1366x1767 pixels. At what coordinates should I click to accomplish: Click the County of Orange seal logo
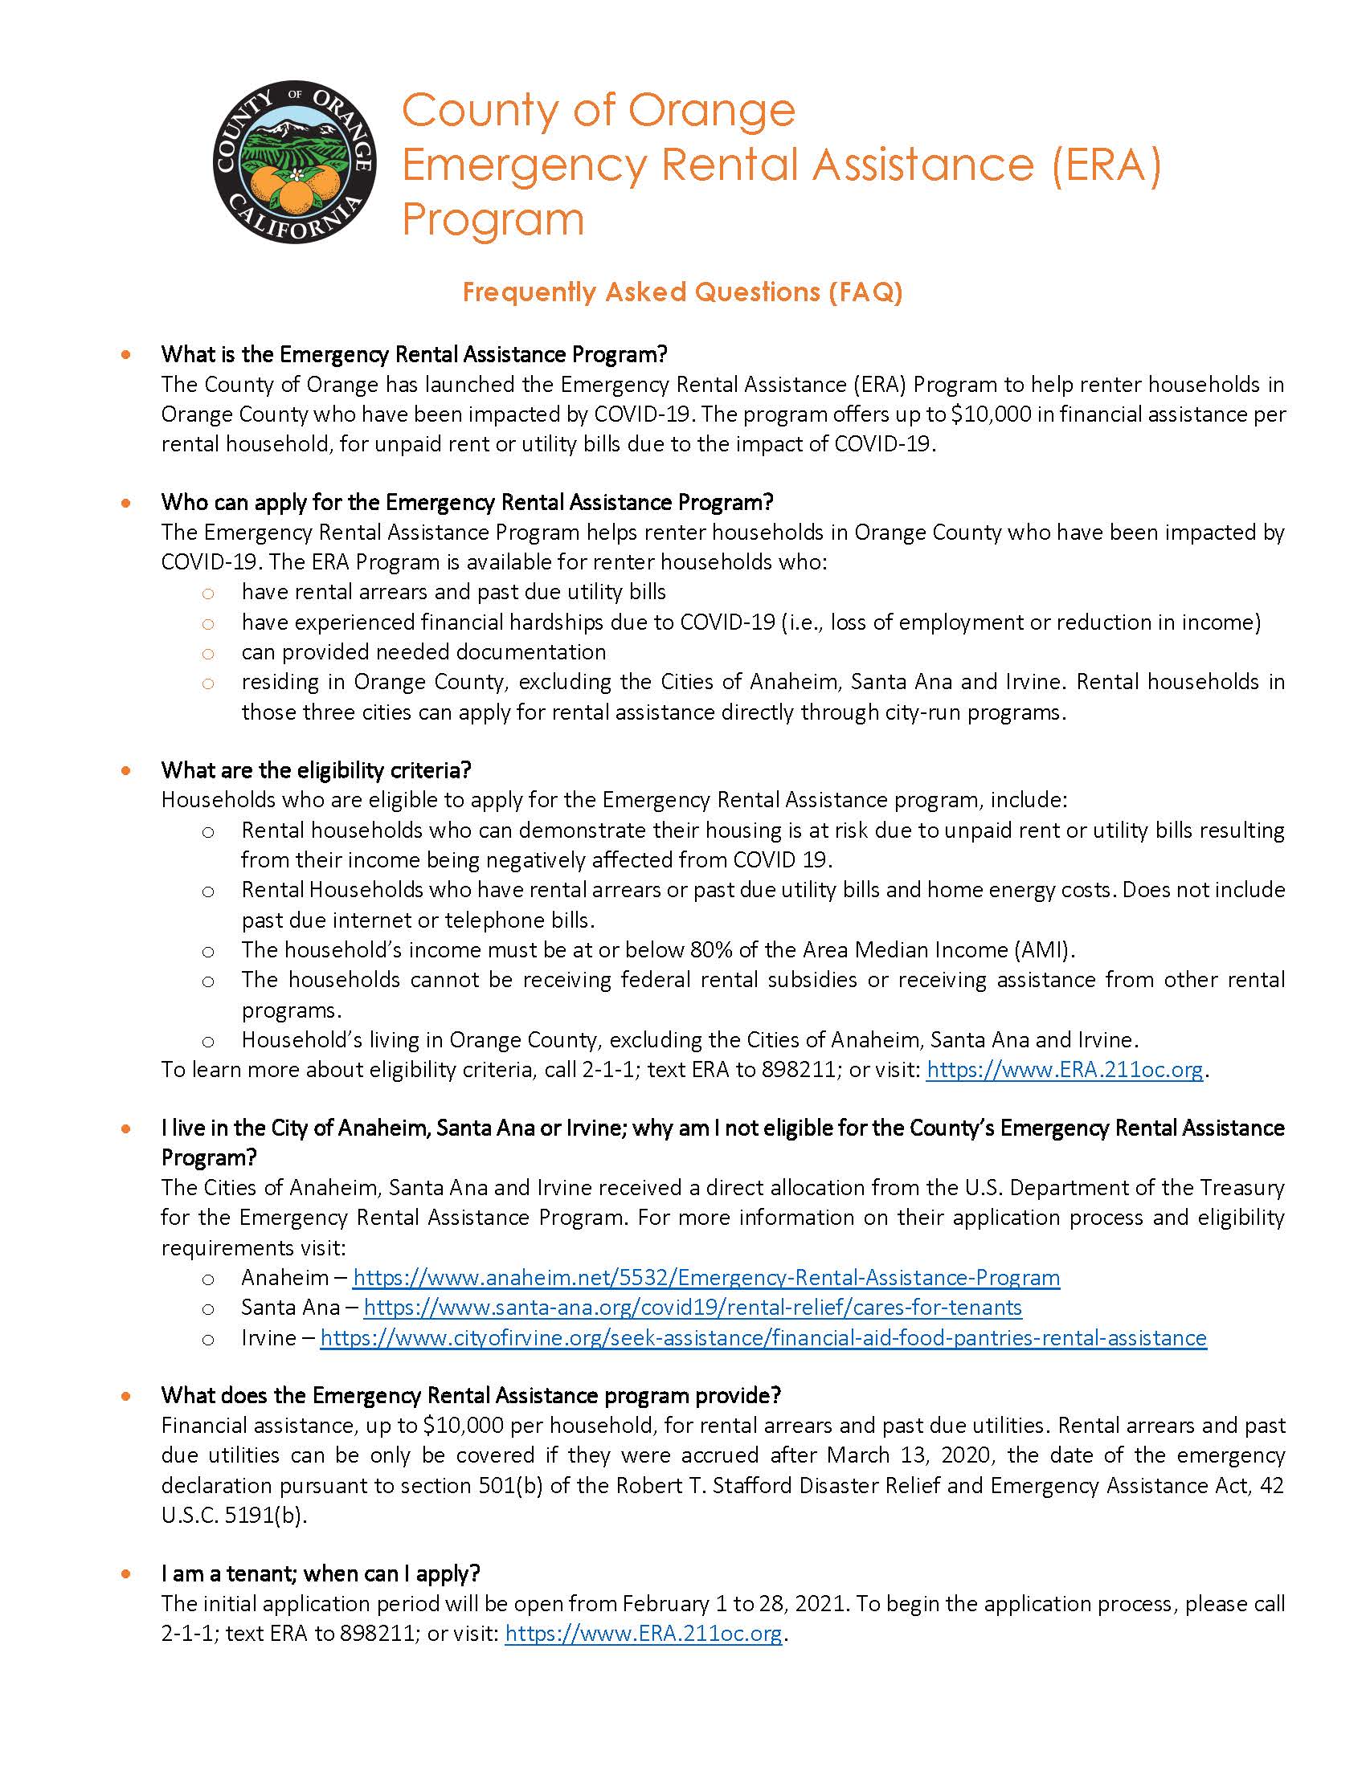[294, 161]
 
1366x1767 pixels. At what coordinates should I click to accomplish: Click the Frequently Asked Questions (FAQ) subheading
[681, 292]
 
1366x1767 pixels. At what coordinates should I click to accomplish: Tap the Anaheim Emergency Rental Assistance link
[705, 1278]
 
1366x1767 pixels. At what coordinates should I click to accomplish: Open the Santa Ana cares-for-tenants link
[693, 1308]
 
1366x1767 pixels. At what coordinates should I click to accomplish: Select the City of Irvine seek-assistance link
[763, 1337]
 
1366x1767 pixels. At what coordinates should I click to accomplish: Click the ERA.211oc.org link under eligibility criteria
[1064, 1070]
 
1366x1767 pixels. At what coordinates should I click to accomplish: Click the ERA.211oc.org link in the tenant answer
[644, 1634]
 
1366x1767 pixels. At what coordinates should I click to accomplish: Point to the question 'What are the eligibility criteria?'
[316, 769]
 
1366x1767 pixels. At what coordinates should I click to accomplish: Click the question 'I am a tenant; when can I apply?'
[321, 1573]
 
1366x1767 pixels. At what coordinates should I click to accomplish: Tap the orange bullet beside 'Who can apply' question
[125, 503]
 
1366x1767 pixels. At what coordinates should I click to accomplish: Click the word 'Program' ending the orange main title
[493, 219]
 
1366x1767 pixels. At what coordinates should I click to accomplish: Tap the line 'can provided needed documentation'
[423, 652]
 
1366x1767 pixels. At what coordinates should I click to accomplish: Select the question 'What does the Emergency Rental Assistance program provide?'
[470, 1396]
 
